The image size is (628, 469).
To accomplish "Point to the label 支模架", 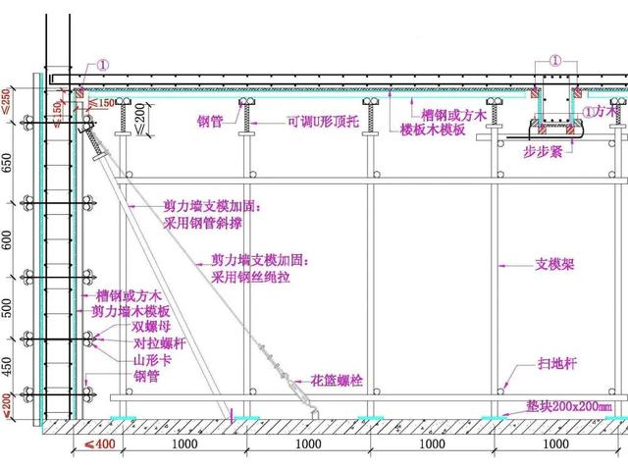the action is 554,264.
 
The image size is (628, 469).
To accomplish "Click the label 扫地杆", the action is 558,362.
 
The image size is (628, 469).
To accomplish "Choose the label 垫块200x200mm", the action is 566,405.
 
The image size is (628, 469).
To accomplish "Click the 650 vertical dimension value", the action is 8,162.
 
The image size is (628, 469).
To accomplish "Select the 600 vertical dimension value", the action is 8,239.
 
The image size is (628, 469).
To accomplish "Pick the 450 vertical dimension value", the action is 8,365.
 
